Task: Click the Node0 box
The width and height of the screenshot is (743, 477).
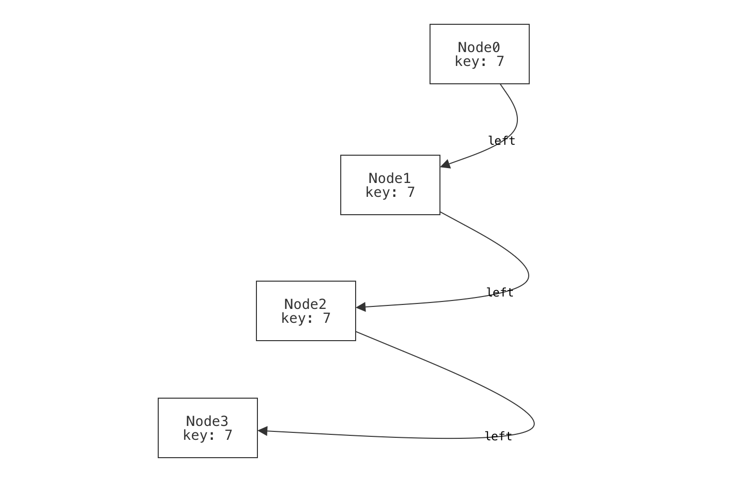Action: (479, 54)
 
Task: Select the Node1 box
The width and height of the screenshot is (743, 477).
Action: (390, 185)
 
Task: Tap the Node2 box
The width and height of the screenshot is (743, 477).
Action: (306, 311)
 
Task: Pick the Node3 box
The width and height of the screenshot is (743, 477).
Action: (207, 428)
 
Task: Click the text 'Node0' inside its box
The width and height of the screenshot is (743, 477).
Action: (479, 48)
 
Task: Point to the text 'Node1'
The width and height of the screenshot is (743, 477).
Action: (389, 179)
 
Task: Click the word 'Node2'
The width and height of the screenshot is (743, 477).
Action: (305, 304)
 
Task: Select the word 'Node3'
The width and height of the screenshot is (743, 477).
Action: (207, 421)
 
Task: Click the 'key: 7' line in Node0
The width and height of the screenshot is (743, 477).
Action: (479, 61)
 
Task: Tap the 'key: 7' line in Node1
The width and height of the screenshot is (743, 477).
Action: (390, 192)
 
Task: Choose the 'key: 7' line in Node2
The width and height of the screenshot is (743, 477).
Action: (306, 318)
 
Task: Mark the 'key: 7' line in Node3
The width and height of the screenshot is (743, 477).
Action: (207, 435)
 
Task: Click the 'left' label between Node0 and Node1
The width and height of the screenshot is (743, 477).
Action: (501, 141)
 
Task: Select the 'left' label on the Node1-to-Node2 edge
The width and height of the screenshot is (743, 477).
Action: (499, 293)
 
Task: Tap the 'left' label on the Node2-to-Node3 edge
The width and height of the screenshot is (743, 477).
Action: (498, 436)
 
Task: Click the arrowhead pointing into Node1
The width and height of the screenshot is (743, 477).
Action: (445, 165)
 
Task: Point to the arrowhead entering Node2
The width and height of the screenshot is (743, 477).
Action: (361, 307)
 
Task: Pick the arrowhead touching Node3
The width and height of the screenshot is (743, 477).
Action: (263, 431)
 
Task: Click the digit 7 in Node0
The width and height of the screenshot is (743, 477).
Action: (500, 61)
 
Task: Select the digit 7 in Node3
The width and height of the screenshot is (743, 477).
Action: (228, 435)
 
